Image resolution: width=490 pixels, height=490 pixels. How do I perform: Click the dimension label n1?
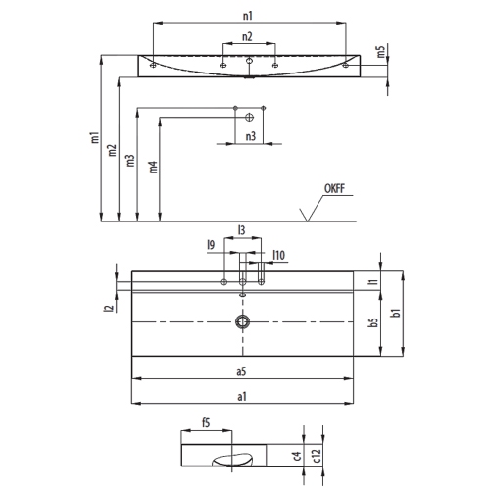coord(248,17)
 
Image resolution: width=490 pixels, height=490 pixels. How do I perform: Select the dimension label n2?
coord(247,37)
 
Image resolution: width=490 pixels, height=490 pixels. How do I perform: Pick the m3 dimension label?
coord(131,162)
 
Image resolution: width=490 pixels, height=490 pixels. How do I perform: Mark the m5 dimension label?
coord(380,52)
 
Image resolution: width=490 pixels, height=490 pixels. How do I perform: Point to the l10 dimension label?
coord(279,256)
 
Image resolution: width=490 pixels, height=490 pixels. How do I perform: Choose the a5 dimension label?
coord(240,371)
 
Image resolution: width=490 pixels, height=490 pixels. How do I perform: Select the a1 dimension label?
coord(240,396)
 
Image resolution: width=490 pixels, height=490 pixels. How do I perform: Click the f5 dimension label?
coord(206,424)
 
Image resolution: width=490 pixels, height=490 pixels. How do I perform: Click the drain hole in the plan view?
coord(241,322)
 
